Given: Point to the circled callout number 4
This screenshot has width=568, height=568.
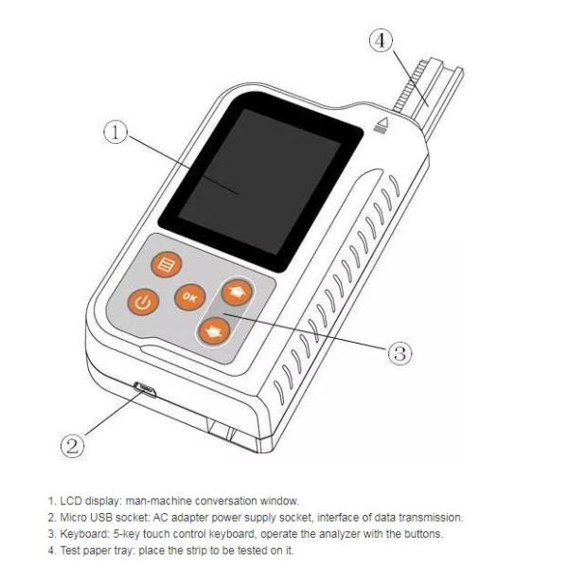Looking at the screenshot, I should [381, 41].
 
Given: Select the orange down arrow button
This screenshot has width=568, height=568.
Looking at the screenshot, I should [213, 330].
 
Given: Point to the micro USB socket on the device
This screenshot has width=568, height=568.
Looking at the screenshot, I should [145, 387].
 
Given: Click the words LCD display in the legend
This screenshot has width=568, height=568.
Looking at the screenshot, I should [85, 500].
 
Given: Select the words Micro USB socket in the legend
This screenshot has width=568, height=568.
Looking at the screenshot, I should [99, 517].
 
